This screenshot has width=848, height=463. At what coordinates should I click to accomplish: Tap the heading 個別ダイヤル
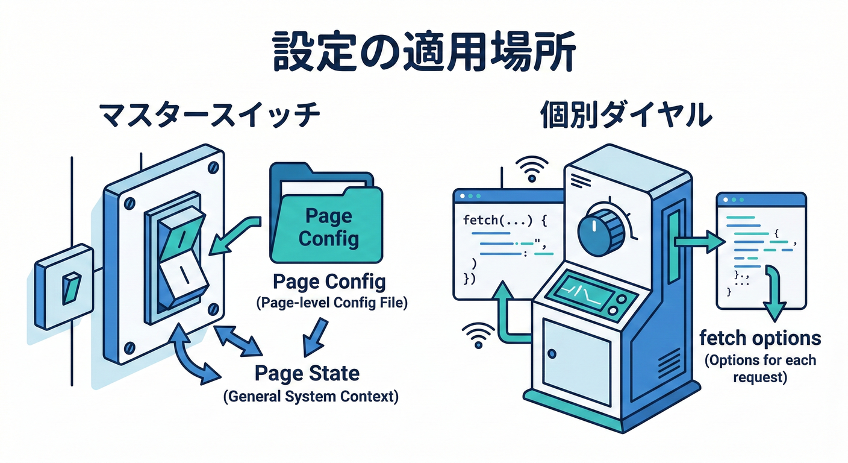tap(625, 115)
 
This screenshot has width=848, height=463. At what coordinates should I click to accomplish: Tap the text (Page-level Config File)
tap(331, 304)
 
